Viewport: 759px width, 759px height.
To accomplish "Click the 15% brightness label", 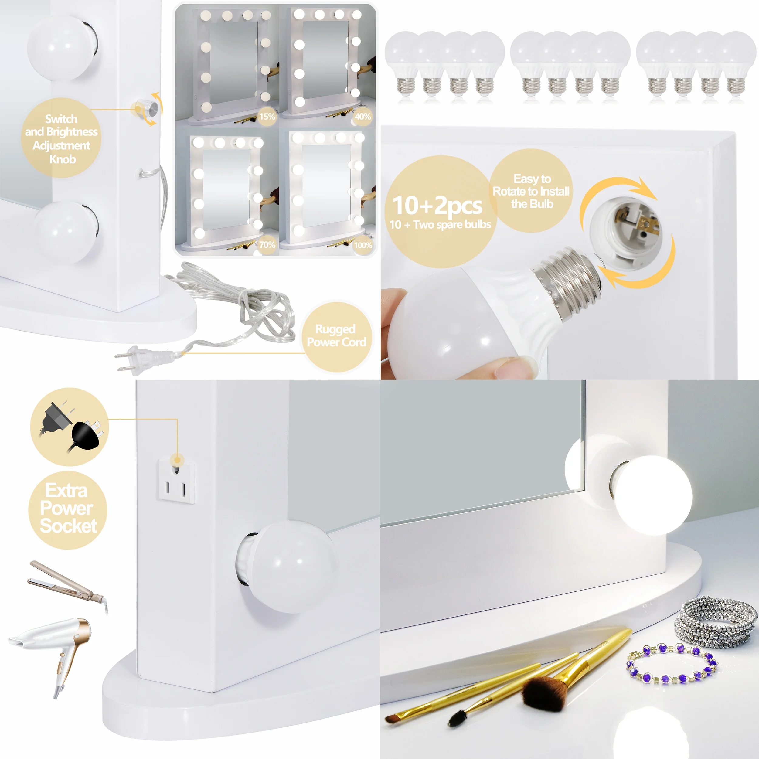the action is click(267, 116).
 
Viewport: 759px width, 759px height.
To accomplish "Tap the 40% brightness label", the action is click(362, 116).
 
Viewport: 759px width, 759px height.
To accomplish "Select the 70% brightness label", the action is click(267, 245).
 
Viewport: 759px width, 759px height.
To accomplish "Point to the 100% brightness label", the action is click(362, 245).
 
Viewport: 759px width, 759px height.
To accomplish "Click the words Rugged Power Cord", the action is click(337, 335).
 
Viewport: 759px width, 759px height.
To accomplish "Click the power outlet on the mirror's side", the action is click(177, 481).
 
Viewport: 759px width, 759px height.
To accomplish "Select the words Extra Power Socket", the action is click(68, 508).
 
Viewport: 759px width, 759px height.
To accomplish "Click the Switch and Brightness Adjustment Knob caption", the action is click(62, 139).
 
